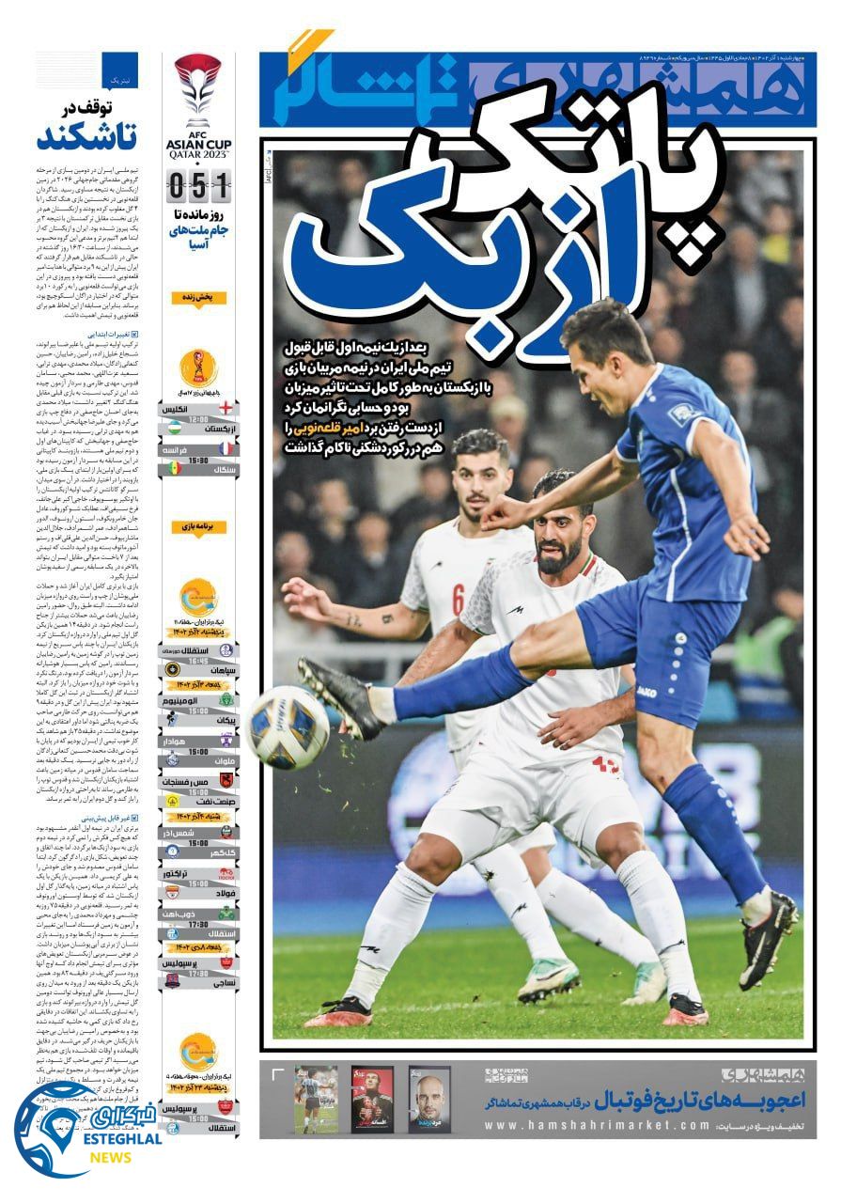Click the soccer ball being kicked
point(288,726)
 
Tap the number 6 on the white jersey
point(458,597)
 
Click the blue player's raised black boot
point(343,695)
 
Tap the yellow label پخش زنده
point(198,298)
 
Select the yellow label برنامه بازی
point(198,527)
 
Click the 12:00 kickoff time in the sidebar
point(198,419)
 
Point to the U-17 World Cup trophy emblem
point(198,367)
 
